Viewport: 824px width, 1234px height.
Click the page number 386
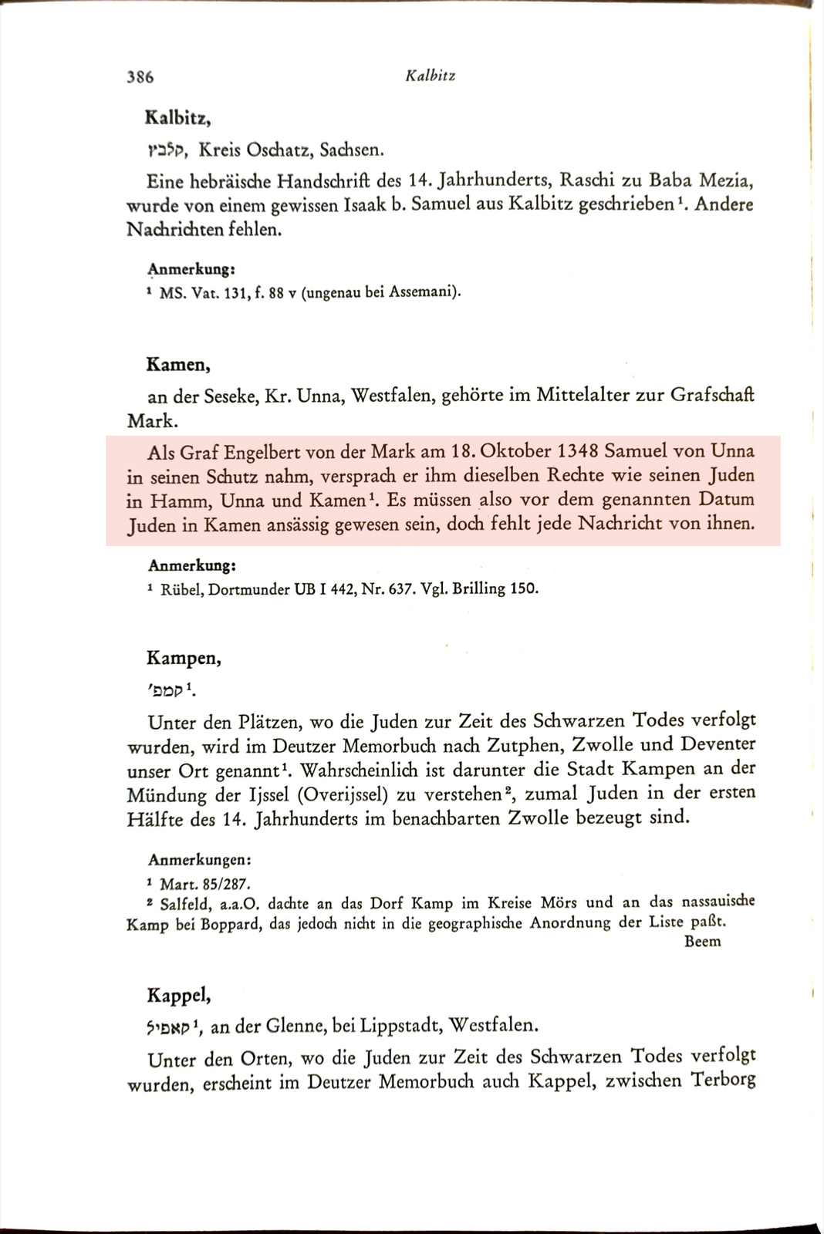coord(140,76)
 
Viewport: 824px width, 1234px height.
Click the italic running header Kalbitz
coord(430,76)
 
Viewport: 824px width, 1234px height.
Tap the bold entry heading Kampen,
coord(184,659)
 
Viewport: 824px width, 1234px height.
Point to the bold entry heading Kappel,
coord(179,996)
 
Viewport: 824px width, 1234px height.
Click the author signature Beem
coord(702,941)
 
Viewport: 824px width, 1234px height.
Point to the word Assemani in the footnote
coord(421,292)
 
